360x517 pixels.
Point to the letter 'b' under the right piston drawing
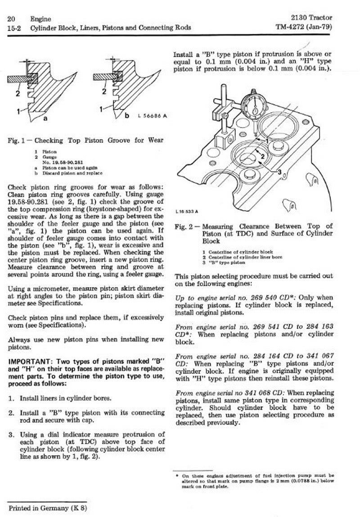pos(127,116)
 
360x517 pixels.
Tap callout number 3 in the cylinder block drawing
pos(279,172)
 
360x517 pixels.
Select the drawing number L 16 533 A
pos(185,210)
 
